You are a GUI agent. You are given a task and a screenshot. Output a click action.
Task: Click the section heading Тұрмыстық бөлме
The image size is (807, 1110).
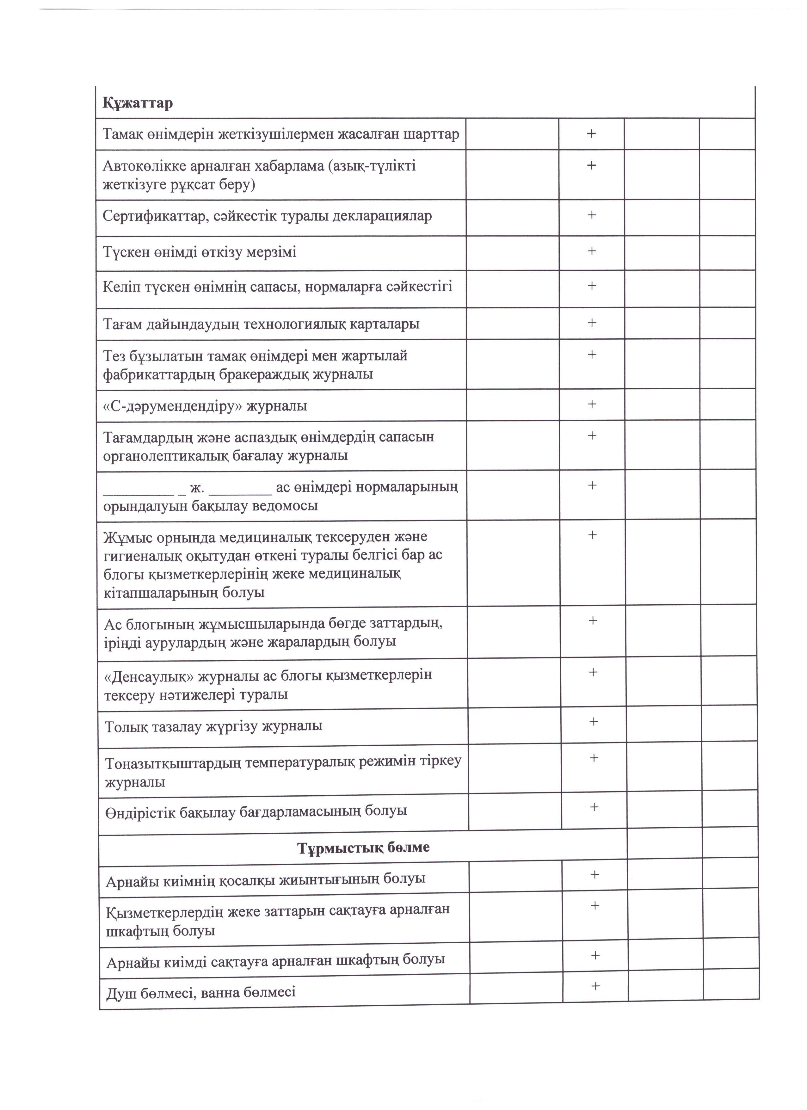pos(363,847)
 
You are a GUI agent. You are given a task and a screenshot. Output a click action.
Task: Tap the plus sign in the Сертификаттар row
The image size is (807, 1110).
pos(592,215)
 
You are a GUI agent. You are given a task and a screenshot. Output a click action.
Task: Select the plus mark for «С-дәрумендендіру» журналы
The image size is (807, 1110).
pos(592,404)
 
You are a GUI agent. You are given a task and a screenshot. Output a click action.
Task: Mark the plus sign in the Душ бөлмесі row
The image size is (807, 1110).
pos(595,986)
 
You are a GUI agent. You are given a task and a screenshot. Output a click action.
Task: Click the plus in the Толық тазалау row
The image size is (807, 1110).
pos(594,721)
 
